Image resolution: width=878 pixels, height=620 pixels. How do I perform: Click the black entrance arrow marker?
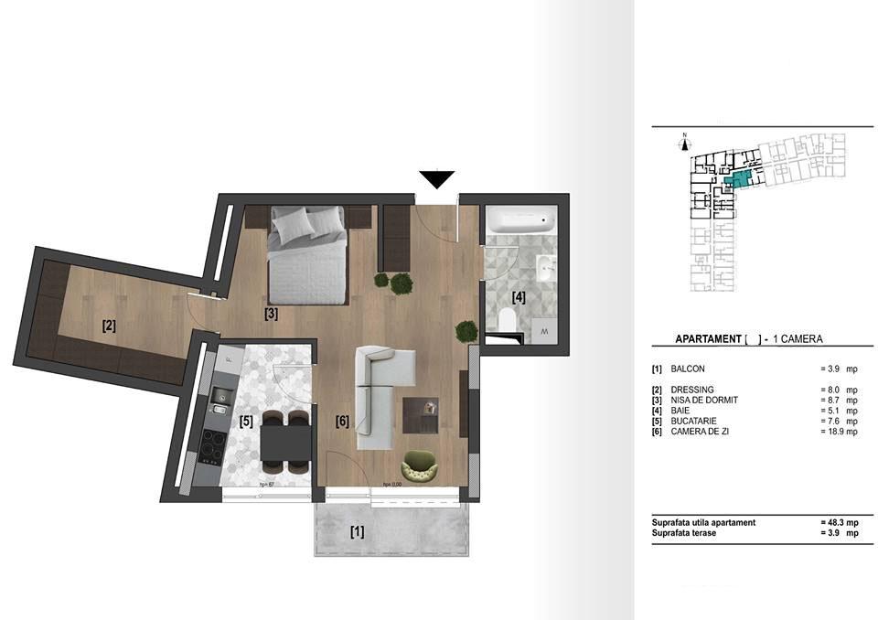437,179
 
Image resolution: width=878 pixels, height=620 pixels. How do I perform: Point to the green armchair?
422,465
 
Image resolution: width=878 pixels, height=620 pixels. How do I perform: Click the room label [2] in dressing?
109,326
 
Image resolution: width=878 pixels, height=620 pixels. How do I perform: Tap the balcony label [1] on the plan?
357,530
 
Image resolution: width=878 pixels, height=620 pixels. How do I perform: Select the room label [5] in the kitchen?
246,422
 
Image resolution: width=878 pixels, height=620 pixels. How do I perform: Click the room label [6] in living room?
342,422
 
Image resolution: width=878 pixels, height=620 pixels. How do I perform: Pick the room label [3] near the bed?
271,314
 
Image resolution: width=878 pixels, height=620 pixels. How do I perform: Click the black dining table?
284,445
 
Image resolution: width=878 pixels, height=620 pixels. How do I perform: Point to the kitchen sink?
219,395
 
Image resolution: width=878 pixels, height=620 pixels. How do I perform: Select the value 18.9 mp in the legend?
839,432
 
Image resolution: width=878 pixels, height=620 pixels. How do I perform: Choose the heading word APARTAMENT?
708,339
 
